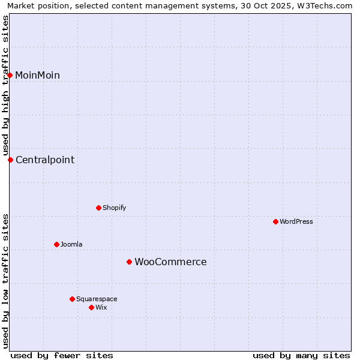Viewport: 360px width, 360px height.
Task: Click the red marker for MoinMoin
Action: (x=10, y=75)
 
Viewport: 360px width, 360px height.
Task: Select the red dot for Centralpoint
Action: (x=10, y=160)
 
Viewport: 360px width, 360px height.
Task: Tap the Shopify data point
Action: (x=98, y=208)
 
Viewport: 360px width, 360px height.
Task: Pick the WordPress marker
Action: (x=275, y=221)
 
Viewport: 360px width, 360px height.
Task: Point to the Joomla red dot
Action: (x=56, y=244)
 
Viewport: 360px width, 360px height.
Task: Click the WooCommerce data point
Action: (x=129, y=262)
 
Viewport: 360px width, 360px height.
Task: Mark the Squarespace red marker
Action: (x=72, y=299)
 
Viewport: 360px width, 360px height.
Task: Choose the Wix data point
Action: (x=91, y=307)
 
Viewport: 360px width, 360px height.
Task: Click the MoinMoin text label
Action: (x=37, y=75)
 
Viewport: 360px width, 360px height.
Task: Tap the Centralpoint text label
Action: (x=45, y=160)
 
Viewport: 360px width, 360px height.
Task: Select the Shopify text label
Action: (x=114, y=208)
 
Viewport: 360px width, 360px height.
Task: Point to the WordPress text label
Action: (x=296, y=221)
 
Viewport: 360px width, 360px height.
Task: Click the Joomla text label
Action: (x=71, y=244)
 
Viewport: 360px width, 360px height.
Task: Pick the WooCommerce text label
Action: (x=170, y=262)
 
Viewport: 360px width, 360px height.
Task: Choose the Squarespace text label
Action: (x=97, y=299)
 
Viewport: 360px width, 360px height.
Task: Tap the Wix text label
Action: (x=101, y=307)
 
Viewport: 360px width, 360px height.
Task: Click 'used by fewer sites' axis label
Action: (x=62, y=355)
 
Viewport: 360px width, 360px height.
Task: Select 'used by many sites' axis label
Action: (x=301, y=355)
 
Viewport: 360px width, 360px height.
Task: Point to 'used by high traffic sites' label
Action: (x=5, y=85)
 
